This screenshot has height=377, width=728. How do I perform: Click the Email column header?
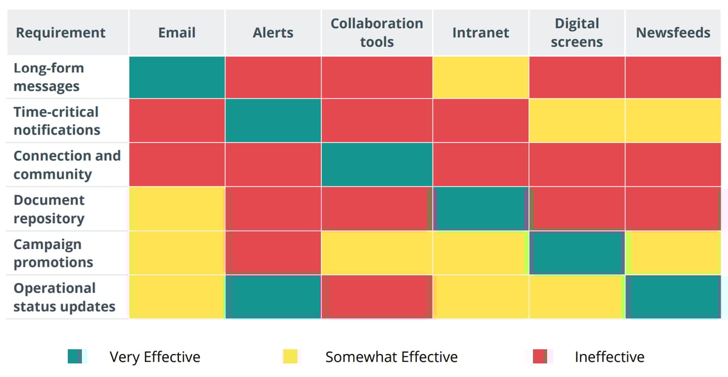(x=177, y=33)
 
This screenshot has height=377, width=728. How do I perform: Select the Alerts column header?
(x=273, y=33)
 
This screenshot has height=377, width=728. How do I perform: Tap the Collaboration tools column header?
(x=377, y=33)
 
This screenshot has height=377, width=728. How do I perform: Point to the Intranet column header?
(x=480, y=33)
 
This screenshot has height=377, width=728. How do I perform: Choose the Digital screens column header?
(x=576, y=33)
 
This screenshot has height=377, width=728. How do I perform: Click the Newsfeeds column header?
(x=673, y=33)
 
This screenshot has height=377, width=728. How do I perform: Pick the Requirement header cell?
(x=61, y=33)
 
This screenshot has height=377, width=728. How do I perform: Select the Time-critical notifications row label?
(x=56, y=121)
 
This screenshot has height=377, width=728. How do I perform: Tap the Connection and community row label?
(x=67, y=164)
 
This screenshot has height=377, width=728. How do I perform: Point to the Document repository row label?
(x=49, y=209)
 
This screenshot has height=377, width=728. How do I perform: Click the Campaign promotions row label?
(x=53, y=253)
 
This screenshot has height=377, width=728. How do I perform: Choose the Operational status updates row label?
(x=64, y=297)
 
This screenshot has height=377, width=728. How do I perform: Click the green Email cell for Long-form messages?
(x=177, y=77)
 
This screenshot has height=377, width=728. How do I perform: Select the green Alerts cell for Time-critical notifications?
(x=273, y=121)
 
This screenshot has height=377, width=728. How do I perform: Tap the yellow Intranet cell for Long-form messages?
(x=480, y=77)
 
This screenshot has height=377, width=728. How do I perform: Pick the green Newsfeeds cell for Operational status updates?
(x=673, y=297)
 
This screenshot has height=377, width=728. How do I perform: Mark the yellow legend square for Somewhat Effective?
(x=291, y=357)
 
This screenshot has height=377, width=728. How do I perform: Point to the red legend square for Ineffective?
(x=540, y=357)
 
